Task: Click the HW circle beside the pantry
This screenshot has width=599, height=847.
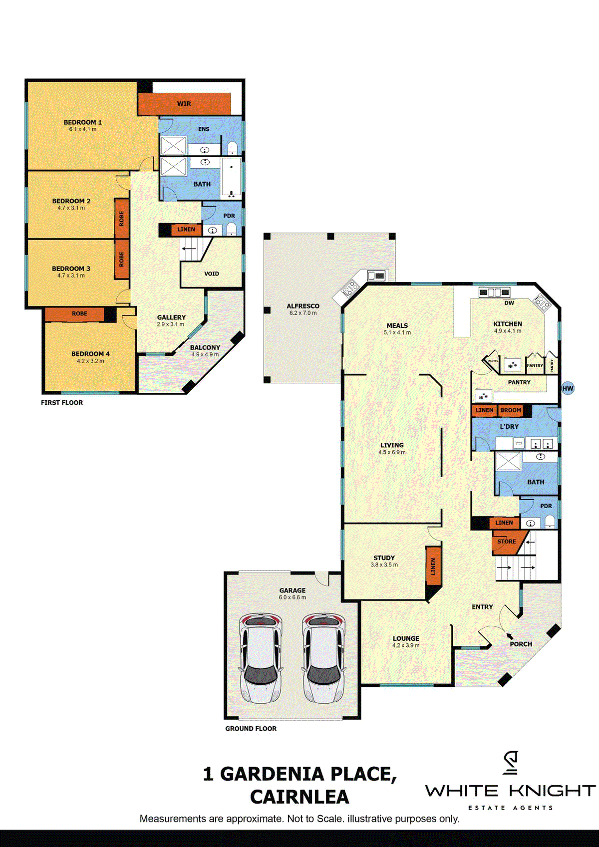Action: pyautogui.click(x=568, y=388)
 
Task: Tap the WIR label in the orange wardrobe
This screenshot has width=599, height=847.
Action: pyautogui.click(x=184, y=104)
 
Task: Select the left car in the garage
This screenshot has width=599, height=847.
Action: pyautogui.click(x=261, y=658)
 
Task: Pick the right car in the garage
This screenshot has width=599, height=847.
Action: pyautogui.click(x=324, y=658)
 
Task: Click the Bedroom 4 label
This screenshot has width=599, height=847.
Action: pyautogui.click(x=90, y=354)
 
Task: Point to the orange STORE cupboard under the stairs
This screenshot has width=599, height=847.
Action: pyautogui.click(x=507, y=542)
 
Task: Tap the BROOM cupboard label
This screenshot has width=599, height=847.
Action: pyautogui.click(x=511, y=410)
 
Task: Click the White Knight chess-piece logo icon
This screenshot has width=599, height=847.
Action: pyautogui.click(x=510, y=763)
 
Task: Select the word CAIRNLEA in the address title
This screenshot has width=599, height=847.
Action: pyautogui.click(x=299, y=797)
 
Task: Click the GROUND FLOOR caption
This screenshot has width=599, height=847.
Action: pyautogui.click(x=251, y=729)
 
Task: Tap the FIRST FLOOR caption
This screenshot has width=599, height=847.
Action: pyautogui.click(x=62, y=403)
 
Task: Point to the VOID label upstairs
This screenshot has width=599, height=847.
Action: pyautogui.click(x=212, y=274)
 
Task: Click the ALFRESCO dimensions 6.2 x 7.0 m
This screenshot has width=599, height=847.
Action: pyautogui.click(x=303, y=313)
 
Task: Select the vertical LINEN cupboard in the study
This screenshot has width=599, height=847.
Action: pyautogui.click(x=433, y=566)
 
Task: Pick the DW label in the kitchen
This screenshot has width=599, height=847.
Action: pyautogui.click(x=509, y=303)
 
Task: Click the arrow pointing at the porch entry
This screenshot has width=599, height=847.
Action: pyautogui.click(x=509, y=636)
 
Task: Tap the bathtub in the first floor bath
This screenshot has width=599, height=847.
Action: pyautogui.click(x=231, y=178)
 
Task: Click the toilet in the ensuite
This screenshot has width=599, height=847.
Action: pyautogui.click(x=233, y=148)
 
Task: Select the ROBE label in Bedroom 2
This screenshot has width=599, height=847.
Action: pyautogui.click(x=121, y=219)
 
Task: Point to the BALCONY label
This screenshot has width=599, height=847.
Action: pyautogui.click(x=205, y=347)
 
